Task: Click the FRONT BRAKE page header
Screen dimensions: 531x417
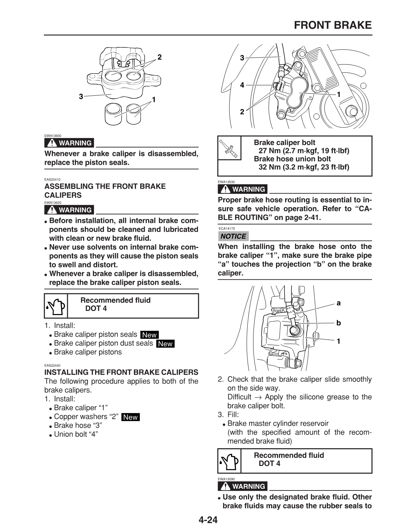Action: (x=332, y=25)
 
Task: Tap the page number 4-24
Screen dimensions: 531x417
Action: (x=208, y=520)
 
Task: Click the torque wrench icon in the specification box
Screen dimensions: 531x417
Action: (x=229, y=150)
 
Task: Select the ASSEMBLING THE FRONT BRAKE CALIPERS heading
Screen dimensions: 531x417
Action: (x=105, y=191)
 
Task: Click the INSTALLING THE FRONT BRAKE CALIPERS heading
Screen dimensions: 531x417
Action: (x=121, y=372)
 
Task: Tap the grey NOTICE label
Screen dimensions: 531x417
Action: (x=233, y=236)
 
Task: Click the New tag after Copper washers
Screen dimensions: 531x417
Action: (x=130, y=417)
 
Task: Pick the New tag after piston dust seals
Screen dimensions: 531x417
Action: (x=165, y=344)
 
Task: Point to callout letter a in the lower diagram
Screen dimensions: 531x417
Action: (x=338, y=303)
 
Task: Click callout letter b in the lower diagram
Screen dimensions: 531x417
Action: (x=338, y=323)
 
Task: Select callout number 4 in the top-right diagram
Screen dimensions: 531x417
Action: (x=242, y=85)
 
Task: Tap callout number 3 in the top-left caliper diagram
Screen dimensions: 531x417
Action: (x=81, y=97)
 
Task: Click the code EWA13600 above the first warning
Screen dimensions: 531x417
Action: (x=53, y=136)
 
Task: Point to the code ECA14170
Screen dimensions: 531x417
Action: (x=227, y=229)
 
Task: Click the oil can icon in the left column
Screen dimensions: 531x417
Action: (x=56, y=306)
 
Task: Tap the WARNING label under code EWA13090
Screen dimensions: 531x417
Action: (x=243, y=486)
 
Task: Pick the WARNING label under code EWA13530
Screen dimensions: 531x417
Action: (x=243, y=189)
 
